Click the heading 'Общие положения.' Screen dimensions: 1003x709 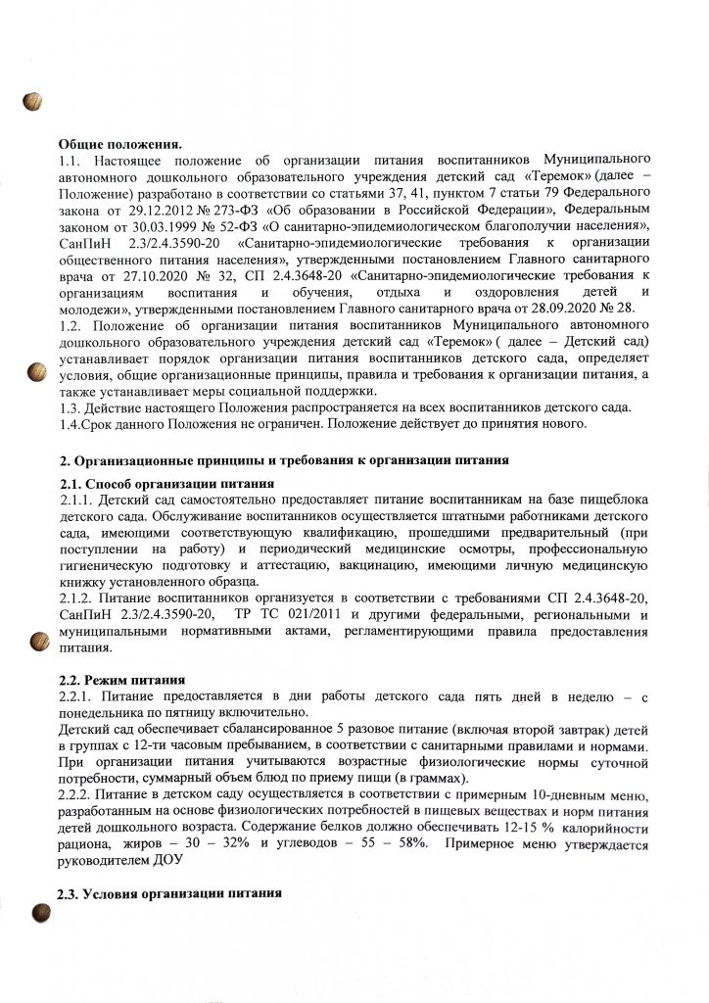(x=121, y=144)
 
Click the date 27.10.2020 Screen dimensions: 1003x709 (x=156, y=274)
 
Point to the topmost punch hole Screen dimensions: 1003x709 (x=33, y=100)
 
